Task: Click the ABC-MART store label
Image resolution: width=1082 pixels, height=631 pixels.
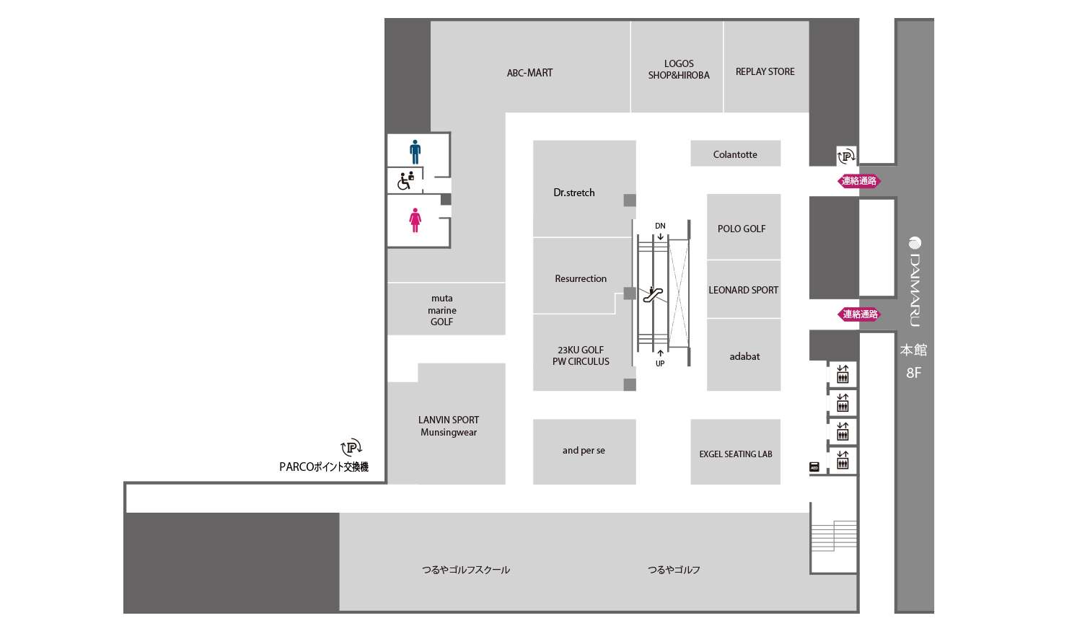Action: [x=529, y=73]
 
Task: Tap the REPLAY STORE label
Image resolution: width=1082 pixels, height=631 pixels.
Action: [x=765, y=71]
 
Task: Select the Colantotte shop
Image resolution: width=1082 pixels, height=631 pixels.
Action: [x=735, y=154]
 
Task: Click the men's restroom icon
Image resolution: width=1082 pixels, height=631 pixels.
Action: [x=415, y=152]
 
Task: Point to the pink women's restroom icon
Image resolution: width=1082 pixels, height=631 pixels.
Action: [x=415, y=220]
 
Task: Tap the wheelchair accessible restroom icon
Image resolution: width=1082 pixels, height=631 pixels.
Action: [x=405, y=180]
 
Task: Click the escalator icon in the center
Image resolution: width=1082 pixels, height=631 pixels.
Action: [x=653, y=294]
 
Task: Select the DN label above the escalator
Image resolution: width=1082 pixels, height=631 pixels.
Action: [x=660, y=226]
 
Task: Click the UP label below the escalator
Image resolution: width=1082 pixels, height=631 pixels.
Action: [x=660, y=363]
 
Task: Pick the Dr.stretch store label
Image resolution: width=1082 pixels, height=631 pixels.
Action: [x=574, y=193]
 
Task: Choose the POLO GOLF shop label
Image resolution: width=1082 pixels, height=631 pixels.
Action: [x=742, y=229]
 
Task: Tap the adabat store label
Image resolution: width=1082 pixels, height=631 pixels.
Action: [x=744, y=356]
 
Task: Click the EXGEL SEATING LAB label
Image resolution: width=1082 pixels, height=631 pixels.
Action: [x=736, y=454]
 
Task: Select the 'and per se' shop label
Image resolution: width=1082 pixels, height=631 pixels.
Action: [x=584, y=451]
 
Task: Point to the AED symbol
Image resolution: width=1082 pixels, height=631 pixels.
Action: [x=814, y=467]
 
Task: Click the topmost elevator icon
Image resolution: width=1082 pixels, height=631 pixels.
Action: [x=843, y=374]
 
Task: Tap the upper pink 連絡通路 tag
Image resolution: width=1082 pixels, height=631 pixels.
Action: [x=859, y=181]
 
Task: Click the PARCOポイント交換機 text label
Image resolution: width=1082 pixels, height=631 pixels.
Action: [x=324, y=467]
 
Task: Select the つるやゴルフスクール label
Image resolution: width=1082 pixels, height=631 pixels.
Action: [x=466, y=570]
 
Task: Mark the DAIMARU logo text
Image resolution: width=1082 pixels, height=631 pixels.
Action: [x=915, y=282]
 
